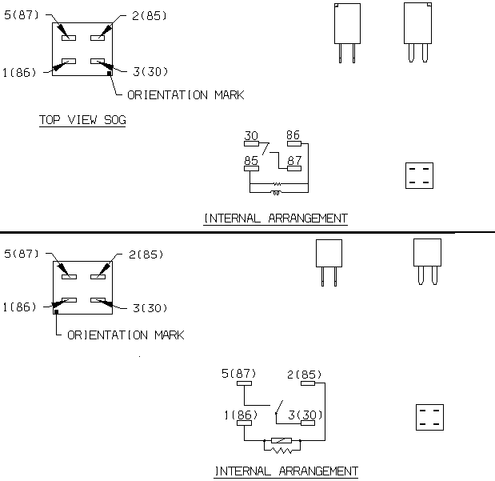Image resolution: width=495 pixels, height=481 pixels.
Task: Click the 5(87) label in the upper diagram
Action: pyautogui.click(x=22, y=15)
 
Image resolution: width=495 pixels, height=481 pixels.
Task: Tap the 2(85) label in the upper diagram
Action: pyautogui.click(x=150, y=15)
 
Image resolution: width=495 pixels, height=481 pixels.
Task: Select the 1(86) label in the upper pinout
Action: pyautogui.click(x=19, y=73)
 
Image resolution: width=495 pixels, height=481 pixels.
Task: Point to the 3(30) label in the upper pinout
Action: pyautogui.click(x=150, y=72)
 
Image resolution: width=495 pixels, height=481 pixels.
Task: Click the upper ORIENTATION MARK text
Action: pyautogui.click(x=186, y=94)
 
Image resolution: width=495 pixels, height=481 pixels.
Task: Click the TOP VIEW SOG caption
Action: pyautogui.click(x=82, y=120)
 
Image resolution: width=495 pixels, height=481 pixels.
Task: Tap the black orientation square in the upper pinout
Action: pyautogui.click(x=110, y=74)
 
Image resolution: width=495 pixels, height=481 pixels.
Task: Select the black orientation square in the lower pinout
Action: pyautogui.click(x=56, y=312)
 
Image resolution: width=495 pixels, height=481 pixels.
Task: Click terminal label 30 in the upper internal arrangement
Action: pyautogui.click(x=251, y=135)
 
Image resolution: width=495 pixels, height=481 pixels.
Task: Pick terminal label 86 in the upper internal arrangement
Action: pyautogui.click(x=293, y=135)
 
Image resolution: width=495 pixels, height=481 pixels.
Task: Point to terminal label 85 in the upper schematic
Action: pyautogui.click(x=251, y=161)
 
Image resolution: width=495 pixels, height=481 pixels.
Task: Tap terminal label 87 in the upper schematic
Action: pyautogui.click(x=294, y=161)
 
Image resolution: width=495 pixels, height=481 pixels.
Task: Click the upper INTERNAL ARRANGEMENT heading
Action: pyautogui.click(x=276, y=218)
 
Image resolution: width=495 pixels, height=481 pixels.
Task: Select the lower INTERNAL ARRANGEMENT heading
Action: pyautogui.click(x=286, y=471)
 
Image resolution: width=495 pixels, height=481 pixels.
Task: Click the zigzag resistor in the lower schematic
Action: pyautogui.click(x=282, y=451)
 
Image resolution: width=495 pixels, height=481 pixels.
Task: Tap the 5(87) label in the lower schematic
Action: pyautogui.click(x=238, y=374)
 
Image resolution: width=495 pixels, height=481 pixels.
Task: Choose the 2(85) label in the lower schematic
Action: pyautogui.click(x=305, y=375)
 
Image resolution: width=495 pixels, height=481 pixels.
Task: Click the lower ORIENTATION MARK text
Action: pyautogui.click(x=126, y=335)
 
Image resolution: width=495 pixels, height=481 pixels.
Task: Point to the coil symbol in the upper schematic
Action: pyautogui.click(x=276, y=193)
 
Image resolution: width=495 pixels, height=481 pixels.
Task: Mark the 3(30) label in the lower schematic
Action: pyautogui.click(x=305, y=415)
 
